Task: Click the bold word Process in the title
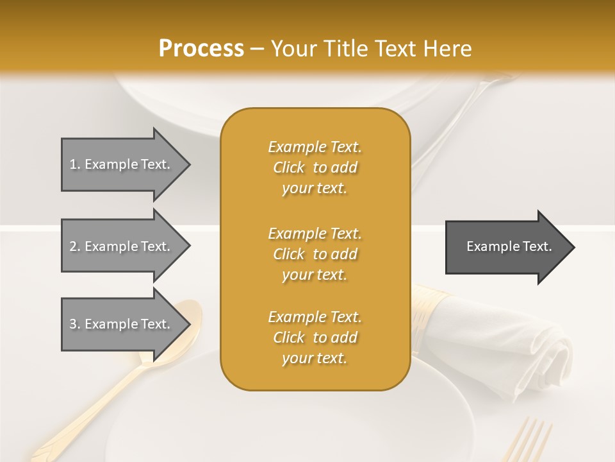point(201,48)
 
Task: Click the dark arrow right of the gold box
point(506,246)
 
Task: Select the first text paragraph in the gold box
point(315,167)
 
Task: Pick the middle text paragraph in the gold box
point(315,254)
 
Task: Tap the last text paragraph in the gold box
point(315,338)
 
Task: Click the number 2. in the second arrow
point(74,246)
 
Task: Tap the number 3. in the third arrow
point(74,324)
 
